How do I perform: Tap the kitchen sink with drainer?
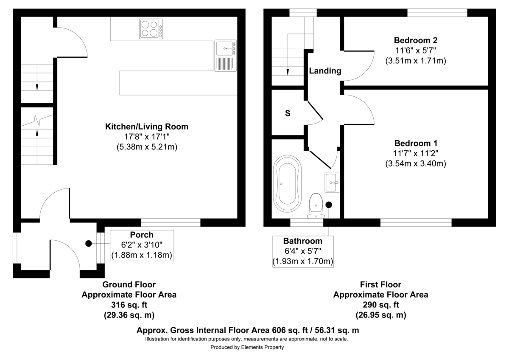point(225,56)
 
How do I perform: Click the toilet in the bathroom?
point(316,205)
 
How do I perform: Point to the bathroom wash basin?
point(333,183)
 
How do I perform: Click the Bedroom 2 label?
point(415,41)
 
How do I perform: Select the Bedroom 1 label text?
point(415,143)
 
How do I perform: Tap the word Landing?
point(324,71)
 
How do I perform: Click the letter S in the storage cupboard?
point(288,113)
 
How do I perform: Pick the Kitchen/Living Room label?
point(146,127)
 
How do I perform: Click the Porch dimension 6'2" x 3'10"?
point(142,245)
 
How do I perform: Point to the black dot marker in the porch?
point(88,243)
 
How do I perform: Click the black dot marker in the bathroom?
point(329,204)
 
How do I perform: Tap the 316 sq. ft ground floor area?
point(129,305)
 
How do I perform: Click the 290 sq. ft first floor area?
point(380,305)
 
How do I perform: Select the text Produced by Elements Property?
point(247,347)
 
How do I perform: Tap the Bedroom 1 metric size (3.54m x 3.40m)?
point(415,163)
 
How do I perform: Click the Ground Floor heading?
point(129,284)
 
